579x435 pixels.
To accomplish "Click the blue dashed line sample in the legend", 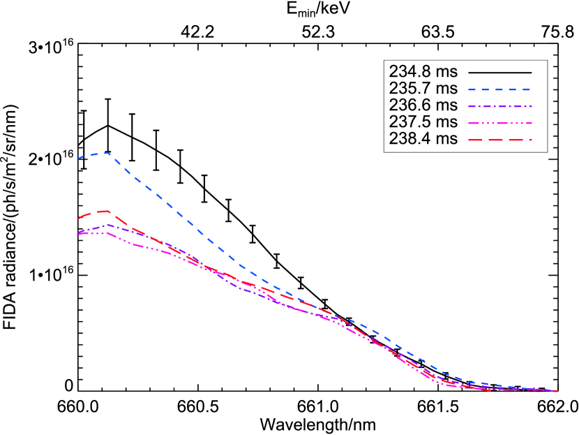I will (499, 90).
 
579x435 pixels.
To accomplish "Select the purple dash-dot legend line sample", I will (499, 107).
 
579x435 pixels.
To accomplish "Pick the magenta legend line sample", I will (499, 124).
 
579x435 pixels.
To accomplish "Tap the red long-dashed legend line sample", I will (499, 140).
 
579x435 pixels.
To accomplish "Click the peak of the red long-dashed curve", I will (105, 211).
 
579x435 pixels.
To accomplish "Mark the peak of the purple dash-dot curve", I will (105, 225).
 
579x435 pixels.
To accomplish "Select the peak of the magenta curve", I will (105, 233).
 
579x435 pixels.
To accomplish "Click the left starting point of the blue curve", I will (79, 158).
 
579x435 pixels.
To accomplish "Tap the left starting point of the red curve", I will (79, 219).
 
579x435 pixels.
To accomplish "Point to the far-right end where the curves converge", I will (556, 391).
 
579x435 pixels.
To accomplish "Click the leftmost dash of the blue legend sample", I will (472, 90).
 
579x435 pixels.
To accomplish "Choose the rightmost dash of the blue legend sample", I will (527, 90).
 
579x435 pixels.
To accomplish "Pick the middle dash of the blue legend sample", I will (499, 90).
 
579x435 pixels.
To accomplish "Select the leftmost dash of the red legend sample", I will (476, 140).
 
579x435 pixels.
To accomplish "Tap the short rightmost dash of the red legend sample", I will (530, 140).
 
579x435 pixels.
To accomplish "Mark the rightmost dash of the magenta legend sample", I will (528, 124).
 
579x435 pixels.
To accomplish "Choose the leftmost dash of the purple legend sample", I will (472, 107).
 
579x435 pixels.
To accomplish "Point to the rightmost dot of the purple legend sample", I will (532, 107).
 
